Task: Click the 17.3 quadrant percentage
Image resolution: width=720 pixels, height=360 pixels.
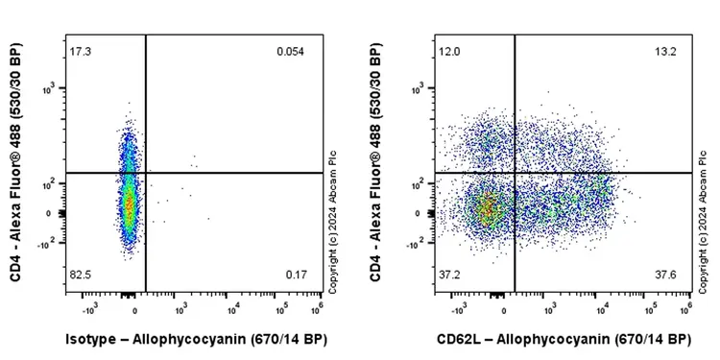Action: click(x=81, y=50)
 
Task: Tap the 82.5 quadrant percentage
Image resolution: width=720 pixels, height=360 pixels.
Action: click(x=81, y=276)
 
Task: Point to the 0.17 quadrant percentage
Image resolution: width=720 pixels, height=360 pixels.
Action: click(x=296, y=276)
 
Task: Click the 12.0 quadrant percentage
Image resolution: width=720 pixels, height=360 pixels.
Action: click(x=449, y=50)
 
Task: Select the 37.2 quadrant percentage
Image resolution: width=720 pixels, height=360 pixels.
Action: click(x=449, y=276)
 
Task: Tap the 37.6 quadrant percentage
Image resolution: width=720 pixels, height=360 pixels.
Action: click(x=665, y=276)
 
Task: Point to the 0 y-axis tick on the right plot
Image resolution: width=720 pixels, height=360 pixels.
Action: click(x=423, y=213)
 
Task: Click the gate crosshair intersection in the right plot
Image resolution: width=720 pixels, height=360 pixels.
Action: click(x=515, y=173)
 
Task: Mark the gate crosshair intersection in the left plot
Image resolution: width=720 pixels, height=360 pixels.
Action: click(x=145, y=173)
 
